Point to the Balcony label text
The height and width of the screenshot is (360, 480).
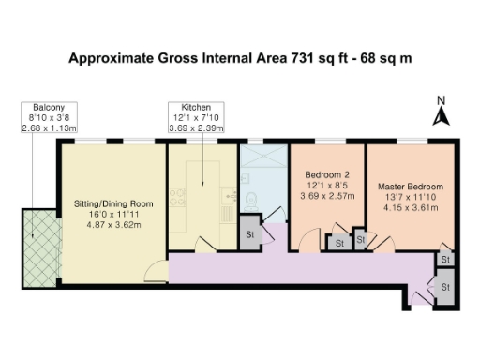coord(49,107)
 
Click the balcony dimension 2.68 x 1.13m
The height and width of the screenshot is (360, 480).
coord(49,127)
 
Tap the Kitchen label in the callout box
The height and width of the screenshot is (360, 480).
coord(196,107)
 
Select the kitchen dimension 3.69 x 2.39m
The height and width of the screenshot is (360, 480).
coord(196,127)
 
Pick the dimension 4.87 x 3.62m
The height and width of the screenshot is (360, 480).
coord(112,225)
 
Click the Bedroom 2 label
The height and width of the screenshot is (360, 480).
coord(328,174)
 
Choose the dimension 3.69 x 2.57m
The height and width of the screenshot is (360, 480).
coord(328,197)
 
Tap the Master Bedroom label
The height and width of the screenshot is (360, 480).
coord(411,187)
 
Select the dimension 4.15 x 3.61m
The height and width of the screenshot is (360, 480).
coord(411,208)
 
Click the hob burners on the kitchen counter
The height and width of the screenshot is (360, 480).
coord(175,196)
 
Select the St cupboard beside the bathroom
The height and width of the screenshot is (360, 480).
coord(249,233)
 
